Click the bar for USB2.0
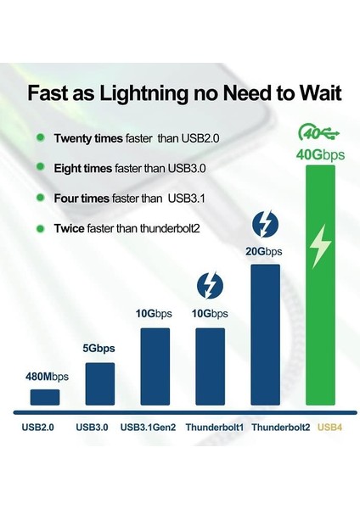point(44,397)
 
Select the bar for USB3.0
point(100,383)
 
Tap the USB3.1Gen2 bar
point(155,366)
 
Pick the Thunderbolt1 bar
point(211,366)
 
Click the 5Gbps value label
point(99,349)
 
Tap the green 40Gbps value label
point(321,154)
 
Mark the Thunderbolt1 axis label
point(211,427)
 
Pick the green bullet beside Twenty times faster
point(39,137)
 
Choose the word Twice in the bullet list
point(70,228)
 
